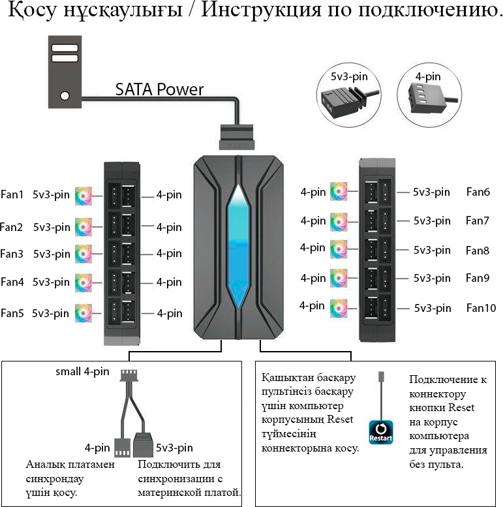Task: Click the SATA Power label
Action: point(159,89)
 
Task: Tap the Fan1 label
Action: point(12,194)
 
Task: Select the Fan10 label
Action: point(481,308)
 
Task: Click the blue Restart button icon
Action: point(381,432)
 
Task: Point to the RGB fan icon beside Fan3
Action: point(84,254)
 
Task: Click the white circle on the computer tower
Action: point(65,96)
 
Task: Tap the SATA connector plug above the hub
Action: point(237,137)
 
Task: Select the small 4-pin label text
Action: point(82,371)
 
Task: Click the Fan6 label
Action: point(478,192)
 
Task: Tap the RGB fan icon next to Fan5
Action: point(84,313)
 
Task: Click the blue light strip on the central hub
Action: point(238,247)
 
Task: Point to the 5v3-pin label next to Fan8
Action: point(432,250)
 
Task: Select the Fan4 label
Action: point(12,282)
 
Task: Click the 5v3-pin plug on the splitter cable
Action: point(143,445)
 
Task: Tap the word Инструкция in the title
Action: point(261,10)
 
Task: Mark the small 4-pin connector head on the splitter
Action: point(129,376)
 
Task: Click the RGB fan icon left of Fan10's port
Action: point(339,308)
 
